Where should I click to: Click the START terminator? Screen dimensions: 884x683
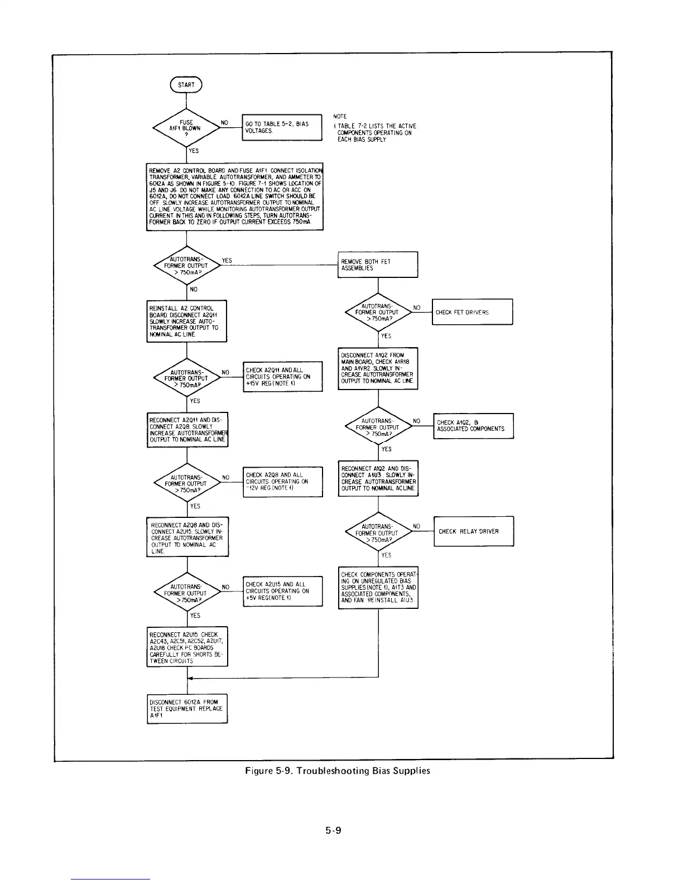click(186, 85)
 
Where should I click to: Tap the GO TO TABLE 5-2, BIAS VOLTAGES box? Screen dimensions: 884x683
click(282, 127)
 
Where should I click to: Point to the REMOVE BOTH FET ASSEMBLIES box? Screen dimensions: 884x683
click(378, 265)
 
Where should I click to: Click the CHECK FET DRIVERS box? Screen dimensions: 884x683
click(472, 312)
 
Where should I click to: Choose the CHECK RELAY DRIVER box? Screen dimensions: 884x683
click(473, 531)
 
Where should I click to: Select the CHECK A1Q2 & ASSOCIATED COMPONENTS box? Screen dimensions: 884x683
click(473, 426)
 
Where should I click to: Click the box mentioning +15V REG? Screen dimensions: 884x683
click(283, 376)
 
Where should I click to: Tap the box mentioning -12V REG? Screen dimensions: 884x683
click(283, 482)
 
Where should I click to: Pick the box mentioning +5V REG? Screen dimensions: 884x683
click(283, 591)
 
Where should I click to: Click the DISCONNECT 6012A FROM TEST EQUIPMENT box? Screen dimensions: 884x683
click(187, 709)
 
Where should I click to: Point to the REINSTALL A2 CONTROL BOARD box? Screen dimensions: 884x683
click(186, 321)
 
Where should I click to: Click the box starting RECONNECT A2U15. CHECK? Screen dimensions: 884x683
click(187, 647)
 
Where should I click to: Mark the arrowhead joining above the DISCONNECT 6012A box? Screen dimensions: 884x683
click(191, 678)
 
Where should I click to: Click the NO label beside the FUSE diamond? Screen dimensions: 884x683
click(224, 122)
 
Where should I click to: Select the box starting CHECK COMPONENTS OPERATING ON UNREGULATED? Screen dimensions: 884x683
click(378, 588)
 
